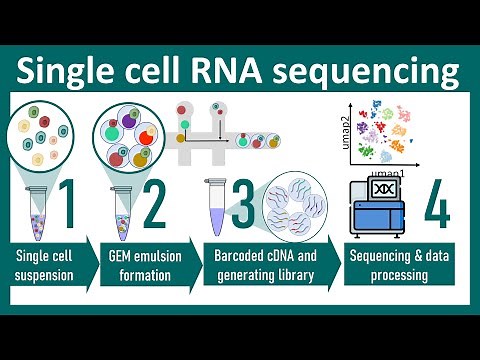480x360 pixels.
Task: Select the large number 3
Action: click(x=241, y=204)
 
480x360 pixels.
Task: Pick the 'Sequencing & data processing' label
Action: click(x=396, y=263)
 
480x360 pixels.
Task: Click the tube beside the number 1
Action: click(x=34, y=208)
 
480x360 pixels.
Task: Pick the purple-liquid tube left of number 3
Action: click(x=213, y=204)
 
